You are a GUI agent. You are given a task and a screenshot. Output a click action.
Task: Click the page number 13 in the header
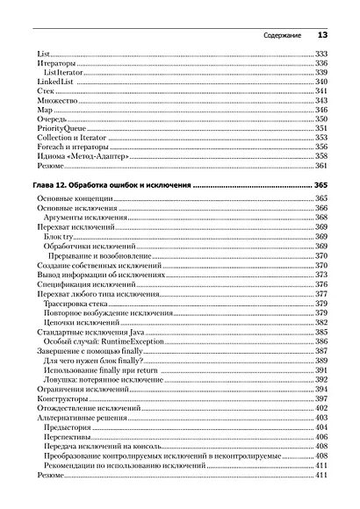321,35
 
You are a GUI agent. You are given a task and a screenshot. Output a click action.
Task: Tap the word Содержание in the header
283,36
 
